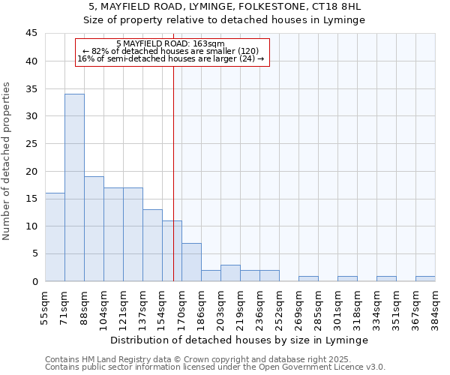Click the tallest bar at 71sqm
[x=74, y=187]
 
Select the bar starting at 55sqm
[x=55, y=237]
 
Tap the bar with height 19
[x=94, y=229]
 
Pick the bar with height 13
[x=152, y=245]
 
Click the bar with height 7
[x=191, y=262]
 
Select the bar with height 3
[x=230, y=273]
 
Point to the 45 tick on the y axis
[x=31, y=34]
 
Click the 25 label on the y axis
[x=31, y=144]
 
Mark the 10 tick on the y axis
[x=31, y=226]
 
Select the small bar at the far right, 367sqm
[x=425, y=278]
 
